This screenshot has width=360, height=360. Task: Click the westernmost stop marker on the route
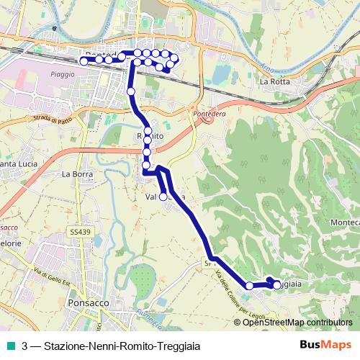coord(84,62)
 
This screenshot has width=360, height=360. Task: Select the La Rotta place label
coord(274,81)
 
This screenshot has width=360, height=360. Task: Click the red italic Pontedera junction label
coord(205,114)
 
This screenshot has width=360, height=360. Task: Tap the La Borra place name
coord(76,174)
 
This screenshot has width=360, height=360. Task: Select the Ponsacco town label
coord(86,304)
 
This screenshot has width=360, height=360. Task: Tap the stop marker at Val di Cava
coord(163,197)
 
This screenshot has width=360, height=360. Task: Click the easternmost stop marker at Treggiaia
coord(276,286)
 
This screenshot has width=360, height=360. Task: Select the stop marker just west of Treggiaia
coord(250,286)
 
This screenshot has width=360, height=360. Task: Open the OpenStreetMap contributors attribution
coord(297,323)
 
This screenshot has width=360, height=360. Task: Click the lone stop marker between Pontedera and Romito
coord(131,91)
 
